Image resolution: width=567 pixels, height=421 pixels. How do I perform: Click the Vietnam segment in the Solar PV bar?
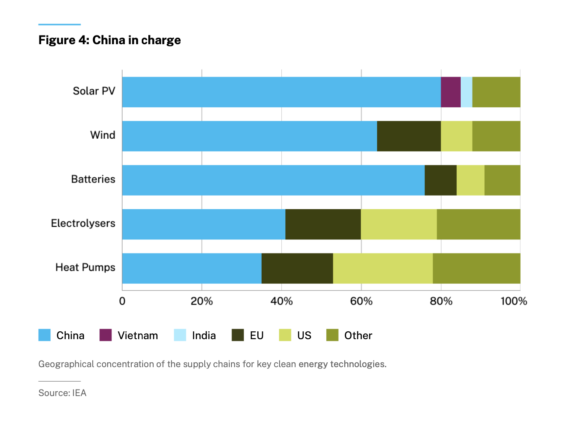pyautogui.click(x=451, y=92)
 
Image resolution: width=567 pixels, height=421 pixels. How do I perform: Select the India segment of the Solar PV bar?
pyautogui.click(x=466, y=92)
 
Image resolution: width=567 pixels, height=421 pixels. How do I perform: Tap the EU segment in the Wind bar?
pyautogui.click(x=409, y=136)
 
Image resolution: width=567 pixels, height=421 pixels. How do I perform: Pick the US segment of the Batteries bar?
pyautogui.click(x=470, y=180)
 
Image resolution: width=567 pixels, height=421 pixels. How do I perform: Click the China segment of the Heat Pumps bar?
pyautogui.click(x=192, y=268)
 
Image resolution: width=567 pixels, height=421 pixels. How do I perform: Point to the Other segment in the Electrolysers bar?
pyautogui.click(x=478, y=224)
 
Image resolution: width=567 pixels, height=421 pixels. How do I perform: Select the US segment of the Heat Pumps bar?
pyautogui.click(x=383, y=268)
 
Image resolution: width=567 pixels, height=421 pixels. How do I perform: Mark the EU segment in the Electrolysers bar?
pyautogui.click(x=323, y=224)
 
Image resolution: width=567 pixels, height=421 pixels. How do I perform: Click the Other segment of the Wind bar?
pyautogui.click(x=496, y=136)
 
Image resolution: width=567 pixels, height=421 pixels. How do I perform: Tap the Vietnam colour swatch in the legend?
pyautogui.click(x=105, y=335)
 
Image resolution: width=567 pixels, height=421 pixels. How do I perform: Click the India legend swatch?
pyautogui.click(x=180, y=335)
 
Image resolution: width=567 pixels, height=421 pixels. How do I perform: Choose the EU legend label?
pyautogui.click(x=256, y=336)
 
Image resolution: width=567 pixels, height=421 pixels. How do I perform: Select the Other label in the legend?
pyautogui.click(x=358, y=336)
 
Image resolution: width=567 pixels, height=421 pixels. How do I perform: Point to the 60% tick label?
pyautogui.click(x=361, y=301)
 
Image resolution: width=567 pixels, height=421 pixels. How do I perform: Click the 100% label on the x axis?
pyautogui.click(x=514, y=301)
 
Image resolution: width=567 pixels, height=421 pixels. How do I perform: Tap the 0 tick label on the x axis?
pyautogui.click(x=122, y=301)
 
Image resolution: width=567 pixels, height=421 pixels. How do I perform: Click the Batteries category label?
pyautogui.click(x=93, y=179)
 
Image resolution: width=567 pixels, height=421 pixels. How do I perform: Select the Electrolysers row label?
pyautogui.click(x=83, y=223)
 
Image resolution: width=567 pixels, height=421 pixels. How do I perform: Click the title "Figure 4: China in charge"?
pyautogui.click(x=109, y=40)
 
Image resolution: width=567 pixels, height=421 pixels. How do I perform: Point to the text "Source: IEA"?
pyautogui.click(x=62, y=393)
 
